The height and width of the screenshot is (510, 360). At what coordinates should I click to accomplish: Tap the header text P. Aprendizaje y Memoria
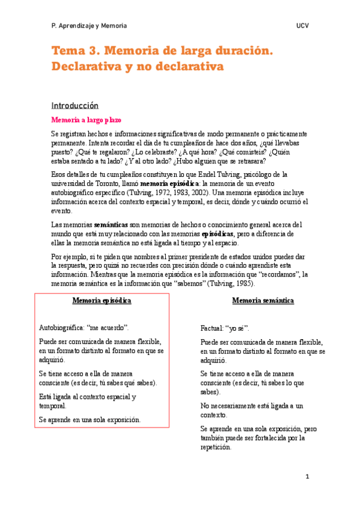pos(89,26)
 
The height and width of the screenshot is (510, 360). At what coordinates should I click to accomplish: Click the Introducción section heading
pos(75,105)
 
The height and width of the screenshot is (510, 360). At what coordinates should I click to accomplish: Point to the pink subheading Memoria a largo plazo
pos(86,120)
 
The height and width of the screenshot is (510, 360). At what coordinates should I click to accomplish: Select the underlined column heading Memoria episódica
pos(102,300)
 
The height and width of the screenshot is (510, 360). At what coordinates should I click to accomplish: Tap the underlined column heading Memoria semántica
pos(263,300)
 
